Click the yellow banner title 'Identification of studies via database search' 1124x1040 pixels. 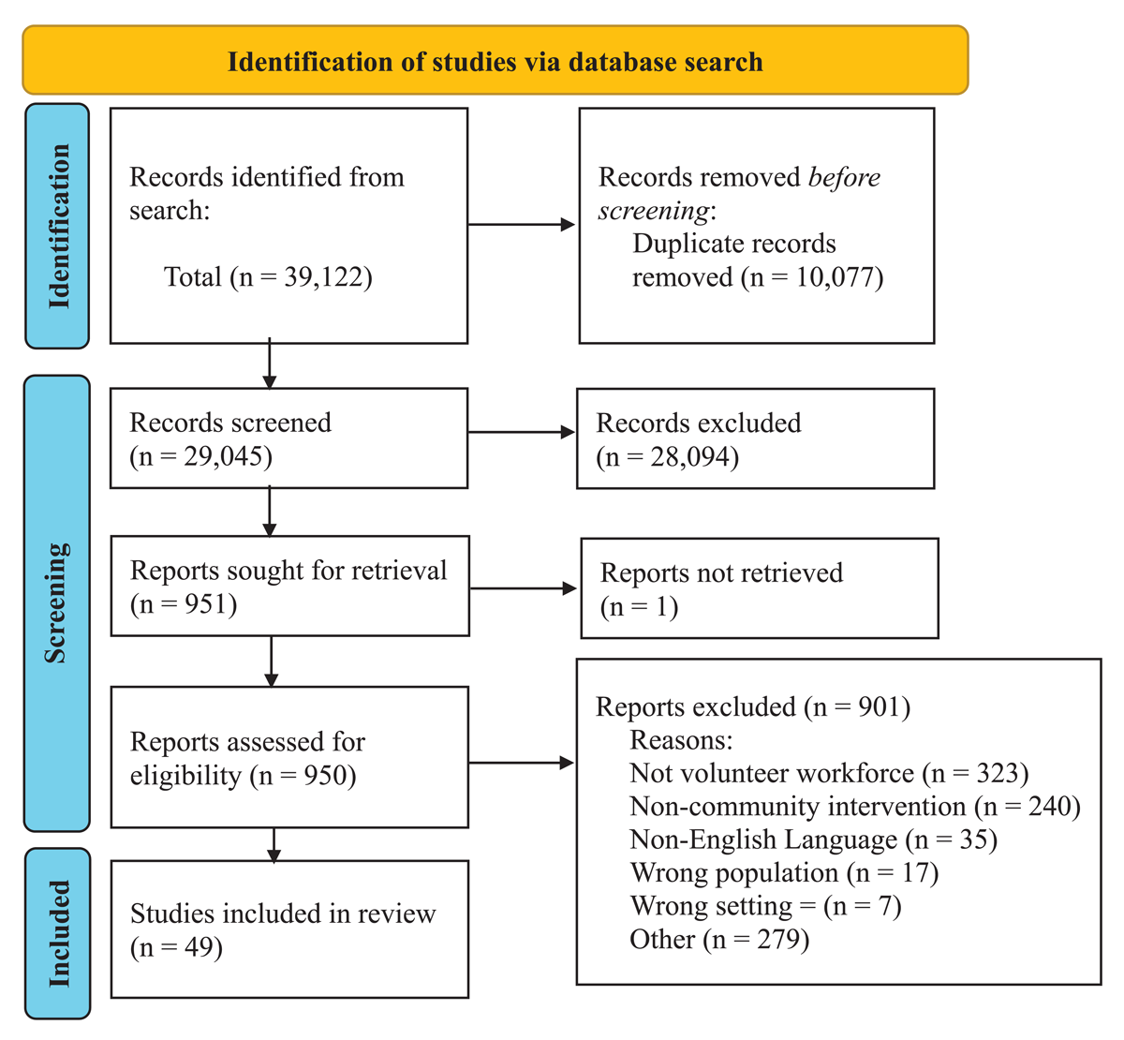(x=495, y=62)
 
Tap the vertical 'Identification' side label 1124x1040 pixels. (x=58, y=226)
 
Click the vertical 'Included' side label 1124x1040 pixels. (x=58, y=933)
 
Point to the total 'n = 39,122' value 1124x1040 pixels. (x=300, y=277)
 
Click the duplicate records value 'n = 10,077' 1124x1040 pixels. (x=811, y=277)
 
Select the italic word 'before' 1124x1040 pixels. (x=844, y=177)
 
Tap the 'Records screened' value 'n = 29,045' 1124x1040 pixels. (x=201, y=456)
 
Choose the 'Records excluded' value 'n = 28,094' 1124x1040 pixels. (x=668, y=457)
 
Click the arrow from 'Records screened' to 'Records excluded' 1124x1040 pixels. (x=521, y=433)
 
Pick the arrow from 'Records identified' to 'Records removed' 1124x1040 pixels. (x=521, y=225)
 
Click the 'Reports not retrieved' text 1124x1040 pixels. (x=721, y=572)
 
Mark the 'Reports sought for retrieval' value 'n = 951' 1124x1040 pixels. (x=184, y=604)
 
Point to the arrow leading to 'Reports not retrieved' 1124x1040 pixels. (x=523, y=588)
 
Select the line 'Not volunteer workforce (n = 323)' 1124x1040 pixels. (x=829, y=773)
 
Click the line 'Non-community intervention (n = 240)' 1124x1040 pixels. (x=854, y=807)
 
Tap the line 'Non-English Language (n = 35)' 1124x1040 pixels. (x=813, y=839)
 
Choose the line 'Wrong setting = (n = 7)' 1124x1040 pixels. (x=765, y=906)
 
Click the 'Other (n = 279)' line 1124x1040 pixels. (x=719, y=939)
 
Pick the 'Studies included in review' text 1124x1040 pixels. (x=283, y=914)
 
